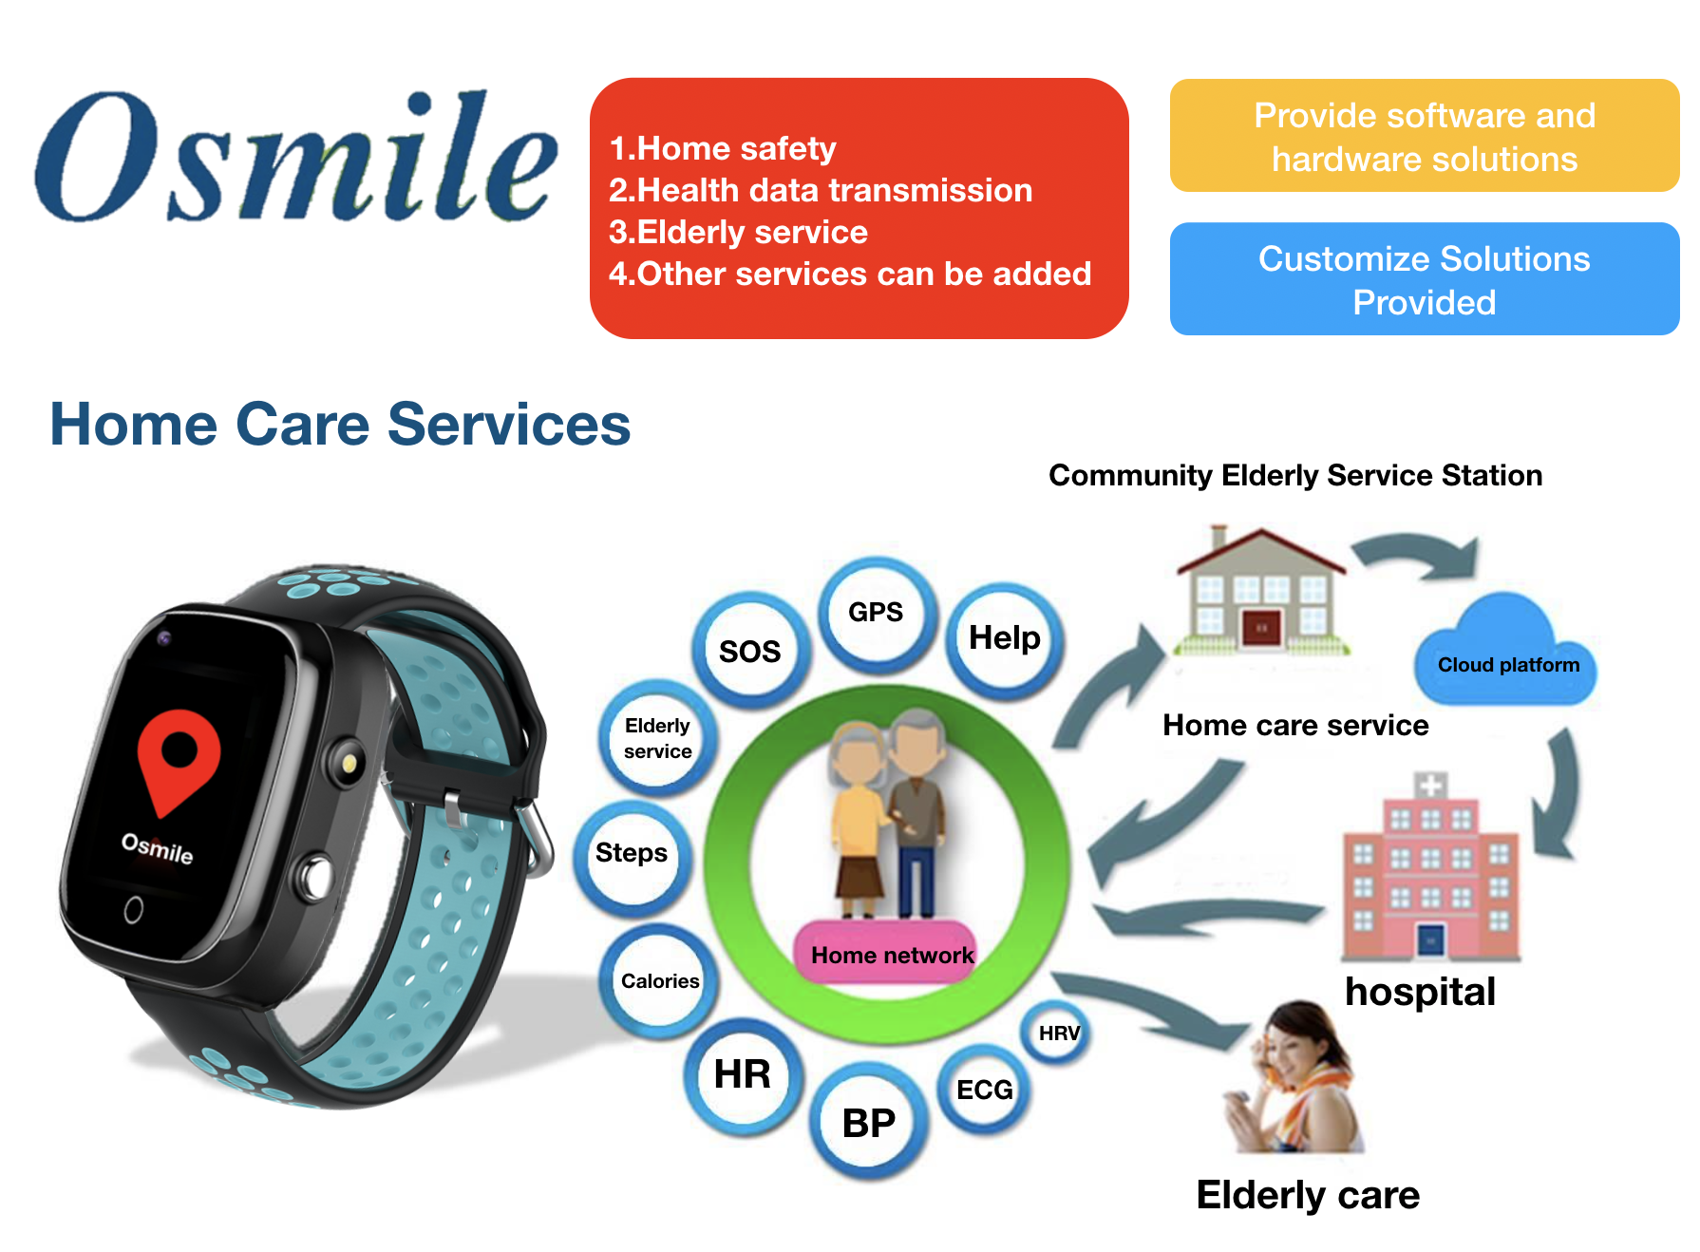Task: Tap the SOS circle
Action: (750, 651)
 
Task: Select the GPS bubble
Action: (876, 613)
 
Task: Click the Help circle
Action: (1004, 638)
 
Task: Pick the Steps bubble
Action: (632, 854)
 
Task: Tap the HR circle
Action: (743, 1074)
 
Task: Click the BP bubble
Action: (868, 1123)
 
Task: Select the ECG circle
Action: (984, 1090)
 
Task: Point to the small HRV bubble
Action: (1057, 1034)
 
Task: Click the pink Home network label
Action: (892, 954)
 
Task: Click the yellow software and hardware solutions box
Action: (1425, 136)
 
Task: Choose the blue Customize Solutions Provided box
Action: (1425, 279)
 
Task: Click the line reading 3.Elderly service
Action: (738, 232)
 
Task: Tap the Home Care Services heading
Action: (340, 424)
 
